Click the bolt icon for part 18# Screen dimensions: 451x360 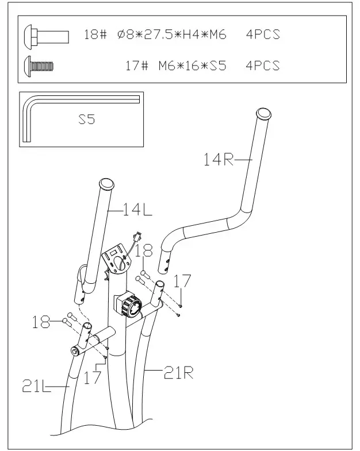[46, 36]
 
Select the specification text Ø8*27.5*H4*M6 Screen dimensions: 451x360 [171, 35]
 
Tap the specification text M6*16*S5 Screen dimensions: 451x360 [192, 65]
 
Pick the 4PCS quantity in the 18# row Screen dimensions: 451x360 [262, 35]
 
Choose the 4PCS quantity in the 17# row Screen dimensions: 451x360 [262, 65]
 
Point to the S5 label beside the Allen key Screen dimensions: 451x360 [86, 121]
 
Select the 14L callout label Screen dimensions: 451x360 [137, 211]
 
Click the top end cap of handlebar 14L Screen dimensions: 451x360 [106, 184]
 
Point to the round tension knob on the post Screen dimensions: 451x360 [131, 305]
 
